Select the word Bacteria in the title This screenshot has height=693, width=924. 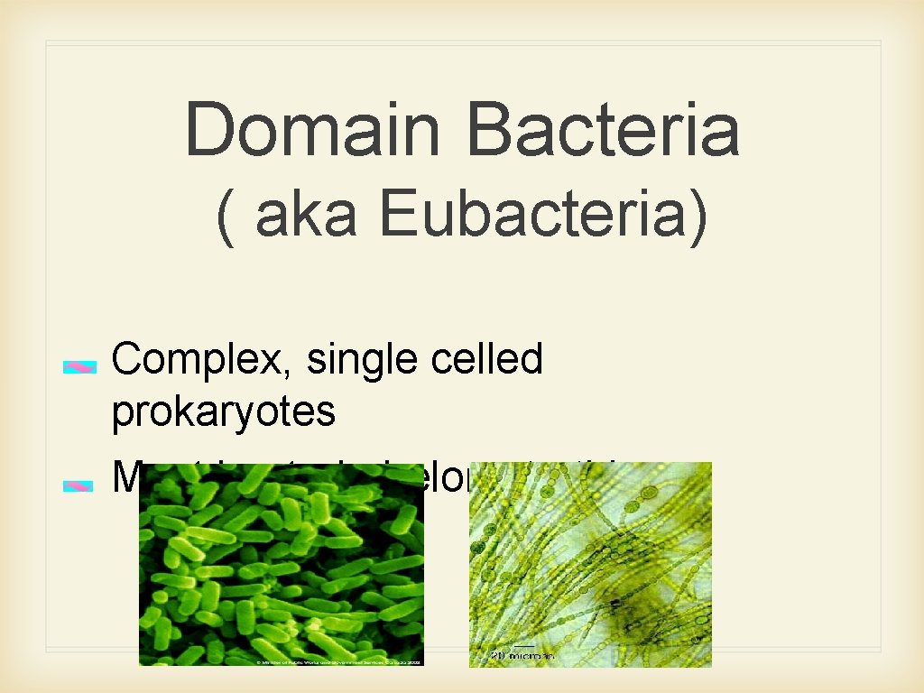tap(603, 130)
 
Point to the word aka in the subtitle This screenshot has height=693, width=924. tap(306, 217)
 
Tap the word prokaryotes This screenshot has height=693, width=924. tap(224, 412)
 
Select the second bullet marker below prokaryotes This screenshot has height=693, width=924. tap(79, 485)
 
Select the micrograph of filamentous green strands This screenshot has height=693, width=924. tap(590, 550)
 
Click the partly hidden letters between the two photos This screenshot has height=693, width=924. tap(446, 478)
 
